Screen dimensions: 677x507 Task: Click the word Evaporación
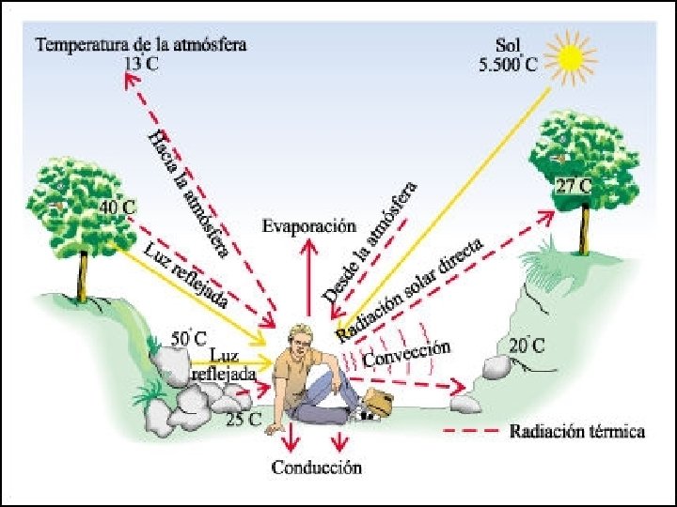point(309,226)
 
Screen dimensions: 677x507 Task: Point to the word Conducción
point(316,467)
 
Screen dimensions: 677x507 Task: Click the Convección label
point(407,354)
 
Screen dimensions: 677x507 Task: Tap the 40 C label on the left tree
point(118,207)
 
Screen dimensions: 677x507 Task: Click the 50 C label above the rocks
point(189,336)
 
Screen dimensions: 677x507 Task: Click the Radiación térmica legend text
point(577,432)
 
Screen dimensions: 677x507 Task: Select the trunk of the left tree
point(84,276)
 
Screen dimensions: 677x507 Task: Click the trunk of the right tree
point(586,230)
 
